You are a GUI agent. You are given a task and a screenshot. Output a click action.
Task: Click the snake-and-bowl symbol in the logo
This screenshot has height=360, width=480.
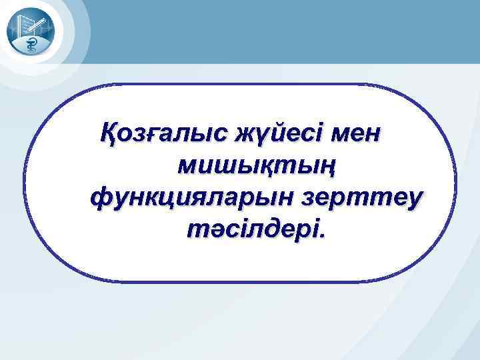(31, 45)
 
